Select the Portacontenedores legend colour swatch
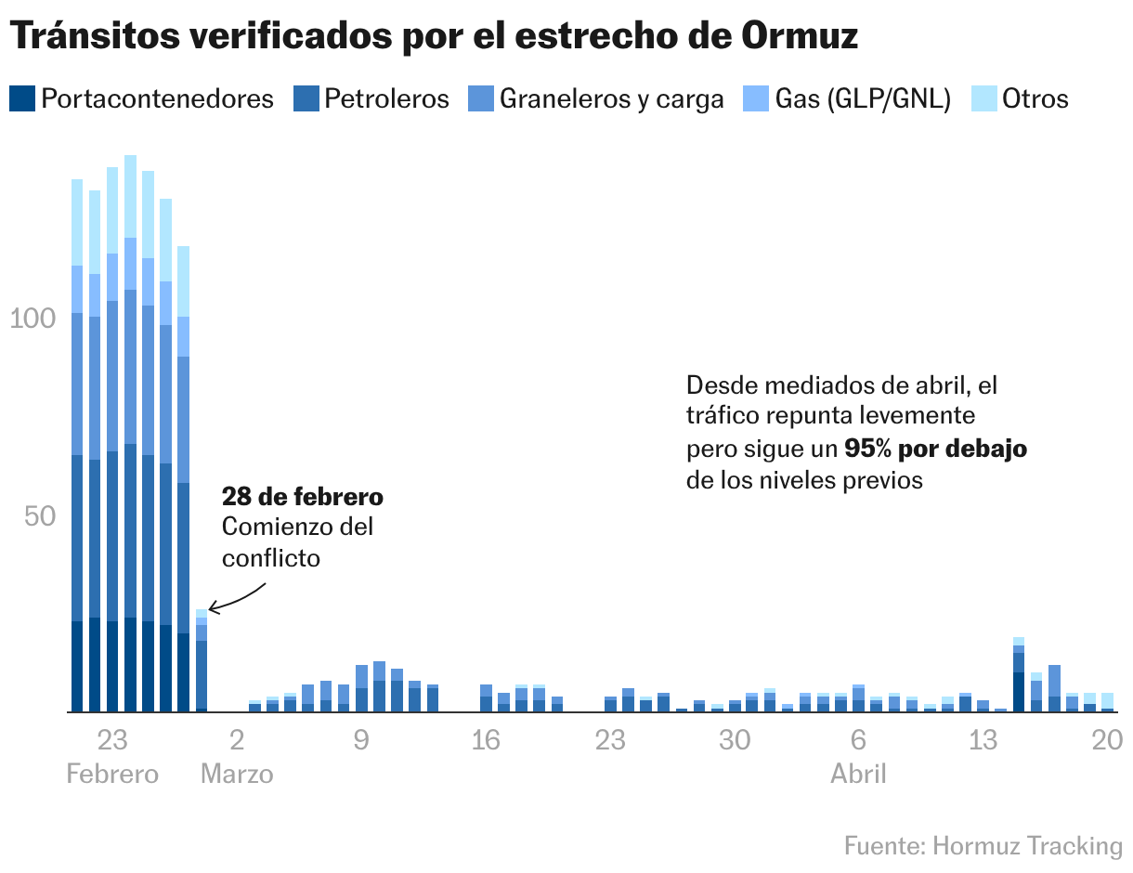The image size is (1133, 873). (22, 98)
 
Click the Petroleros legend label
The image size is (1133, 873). (385, 98)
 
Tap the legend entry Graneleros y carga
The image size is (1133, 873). (611, 98)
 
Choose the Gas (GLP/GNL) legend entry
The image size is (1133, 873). (863, 98)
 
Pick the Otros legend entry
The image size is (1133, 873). (1035, 98)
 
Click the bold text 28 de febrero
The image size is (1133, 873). (302, 497)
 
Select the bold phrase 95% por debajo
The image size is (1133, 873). (935, 449)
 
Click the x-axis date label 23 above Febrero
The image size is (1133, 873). (112, 740)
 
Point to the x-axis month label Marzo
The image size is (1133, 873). (237, 774)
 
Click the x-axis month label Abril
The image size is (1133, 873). (858, 774)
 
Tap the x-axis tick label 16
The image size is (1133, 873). (486, 740)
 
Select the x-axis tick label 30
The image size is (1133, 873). (735, 740)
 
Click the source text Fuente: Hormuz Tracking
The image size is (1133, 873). (983, 846)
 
